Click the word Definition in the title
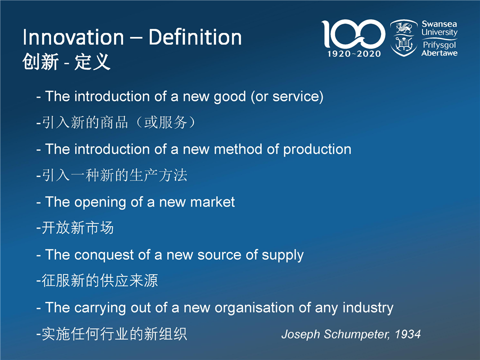(195, 37)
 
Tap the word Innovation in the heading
(73, 37)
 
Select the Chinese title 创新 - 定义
(66, 61)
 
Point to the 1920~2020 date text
(354, 54)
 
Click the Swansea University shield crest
(404, 38)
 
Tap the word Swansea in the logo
(439, 24)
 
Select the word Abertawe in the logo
(439, 53)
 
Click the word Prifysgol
(439, 45)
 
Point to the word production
(317, 149)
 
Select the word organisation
(254, 308)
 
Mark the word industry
(368, 308)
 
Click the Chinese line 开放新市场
(77, 228)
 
